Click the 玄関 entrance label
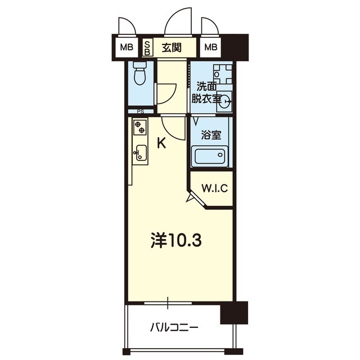pyautogui.click(x=172, y=48)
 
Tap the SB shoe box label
pyautogui.click(x=147, y=48)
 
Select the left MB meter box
pyautogui.click(x=127, y=47)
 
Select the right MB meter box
pyautogui.click(x=211, y=47)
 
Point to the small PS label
pyautogui.click(x=141, y=112)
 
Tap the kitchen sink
pyautogui.click(x=141, y=153)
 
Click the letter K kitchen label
pyautogui.click(x=161, y=143)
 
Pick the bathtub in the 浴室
pyautogui.click(x=210, y=156)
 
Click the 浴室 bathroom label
pyautogui.click(x=211, y=135)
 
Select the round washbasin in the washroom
pyautogui.click(x=225, y=101)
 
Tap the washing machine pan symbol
pyautogui.click(x=223, y=74)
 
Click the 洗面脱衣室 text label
pyautogui.click(x=206, y=93)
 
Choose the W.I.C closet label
pyautogui.click(x=215, y=188)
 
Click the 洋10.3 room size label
pyautogui.click(x=176, y=240)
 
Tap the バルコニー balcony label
pyautogui.click(x=174, y=328)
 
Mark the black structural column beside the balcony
pyautogui.click(x=234, y=313)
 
